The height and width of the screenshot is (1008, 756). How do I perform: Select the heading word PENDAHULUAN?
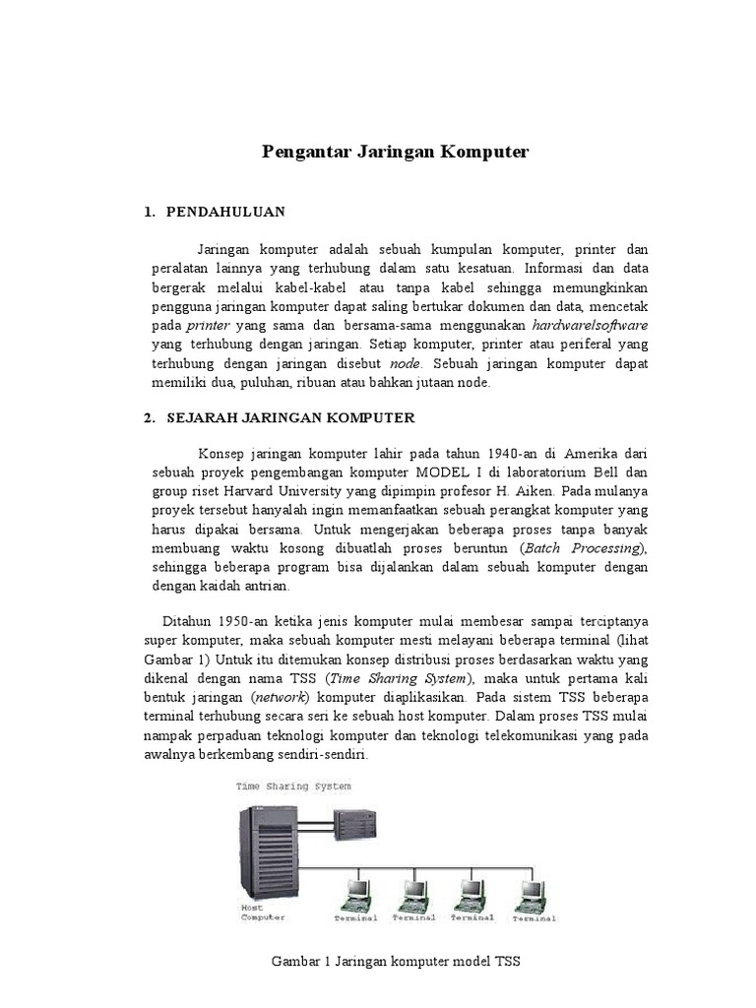tap(225, 212)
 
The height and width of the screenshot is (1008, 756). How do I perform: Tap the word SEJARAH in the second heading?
tap(201, 417)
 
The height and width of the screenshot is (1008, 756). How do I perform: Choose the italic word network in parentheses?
tap(281, 697)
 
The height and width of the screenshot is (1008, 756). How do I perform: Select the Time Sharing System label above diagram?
tap(292, 787)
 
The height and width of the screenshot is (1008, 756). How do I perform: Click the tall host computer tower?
tap(263, 849)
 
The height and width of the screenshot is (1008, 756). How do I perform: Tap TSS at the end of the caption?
tap(506, 962)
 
